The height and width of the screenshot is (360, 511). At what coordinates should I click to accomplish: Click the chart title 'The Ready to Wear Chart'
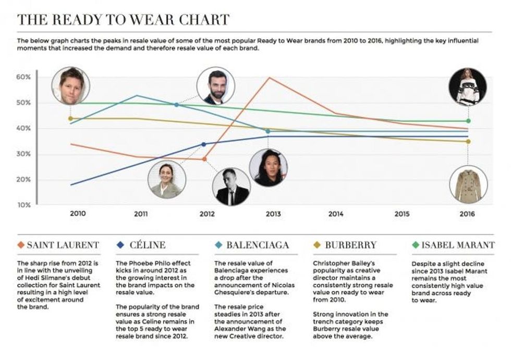tap(123, 20)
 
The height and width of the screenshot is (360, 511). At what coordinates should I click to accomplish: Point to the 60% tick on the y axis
tap(25, 77)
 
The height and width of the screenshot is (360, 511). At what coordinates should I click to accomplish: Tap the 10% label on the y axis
tap(25, 205)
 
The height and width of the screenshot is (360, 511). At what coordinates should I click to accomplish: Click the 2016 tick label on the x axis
tap(467, 214)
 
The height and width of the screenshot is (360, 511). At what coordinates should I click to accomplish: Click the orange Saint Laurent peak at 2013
tap(269, 78)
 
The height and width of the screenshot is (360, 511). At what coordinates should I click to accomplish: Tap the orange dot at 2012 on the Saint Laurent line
tap(204, 159)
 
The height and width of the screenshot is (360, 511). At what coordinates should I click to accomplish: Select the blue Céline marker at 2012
tap(204, 144)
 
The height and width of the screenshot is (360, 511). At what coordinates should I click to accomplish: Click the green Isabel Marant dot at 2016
tap(468, 121)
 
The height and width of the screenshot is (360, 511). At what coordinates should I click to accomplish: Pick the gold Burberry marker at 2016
tap(468, 141)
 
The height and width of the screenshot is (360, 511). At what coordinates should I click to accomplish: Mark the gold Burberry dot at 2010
tap(70, 118)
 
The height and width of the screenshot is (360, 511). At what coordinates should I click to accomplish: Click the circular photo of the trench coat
tap(468, 184)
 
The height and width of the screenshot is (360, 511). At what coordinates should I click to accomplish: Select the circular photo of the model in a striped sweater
tap(468, 87)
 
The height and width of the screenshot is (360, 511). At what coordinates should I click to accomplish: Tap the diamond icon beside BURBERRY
tap(317, 245)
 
